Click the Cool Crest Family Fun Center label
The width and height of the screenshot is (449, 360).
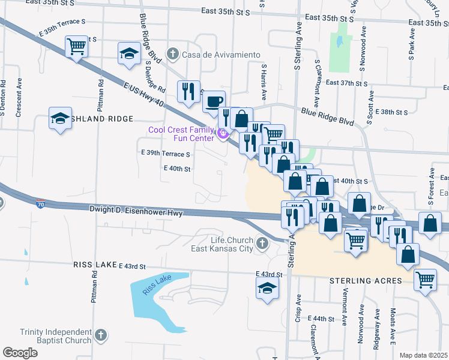pyautogui.click(x=182, y=134)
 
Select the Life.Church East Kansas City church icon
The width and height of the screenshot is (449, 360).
pyautogui.click(x=261, y=244)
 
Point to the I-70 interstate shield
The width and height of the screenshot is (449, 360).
pyautogui.click(x=41, y=204)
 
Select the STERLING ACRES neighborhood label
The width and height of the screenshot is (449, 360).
pyautogui.click(x=360, y=281)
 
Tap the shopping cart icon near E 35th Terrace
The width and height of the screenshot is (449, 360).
pyautogui.click(x=77, y=45)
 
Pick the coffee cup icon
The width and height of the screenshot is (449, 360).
pyautogui.click(x=214, y=101)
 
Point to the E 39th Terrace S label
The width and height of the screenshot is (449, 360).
pyautogui.click(x=166, y=154)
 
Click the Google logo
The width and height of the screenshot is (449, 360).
pyautogui.click(x=20, y=353)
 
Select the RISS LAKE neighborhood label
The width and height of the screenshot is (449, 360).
pyautogui.click(x=94, y=265)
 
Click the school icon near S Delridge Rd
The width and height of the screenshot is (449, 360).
pyautogui.click(x=129, y=53)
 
